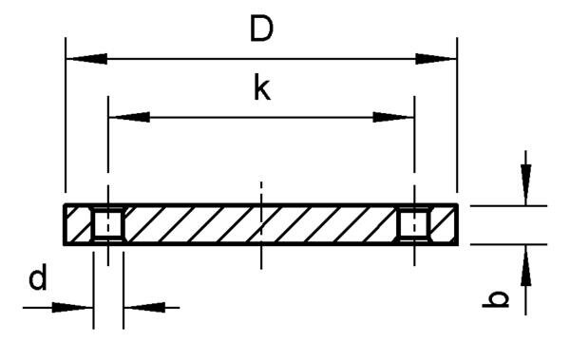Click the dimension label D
(261, 29)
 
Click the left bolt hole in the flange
(108, 225)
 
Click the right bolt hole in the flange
(413, 225)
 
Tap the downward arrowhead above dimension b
(525, 185)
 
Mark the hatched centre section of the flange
(260, 225)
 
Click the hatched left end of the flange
(77, 225)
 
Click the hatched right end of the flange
(444, 225)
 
